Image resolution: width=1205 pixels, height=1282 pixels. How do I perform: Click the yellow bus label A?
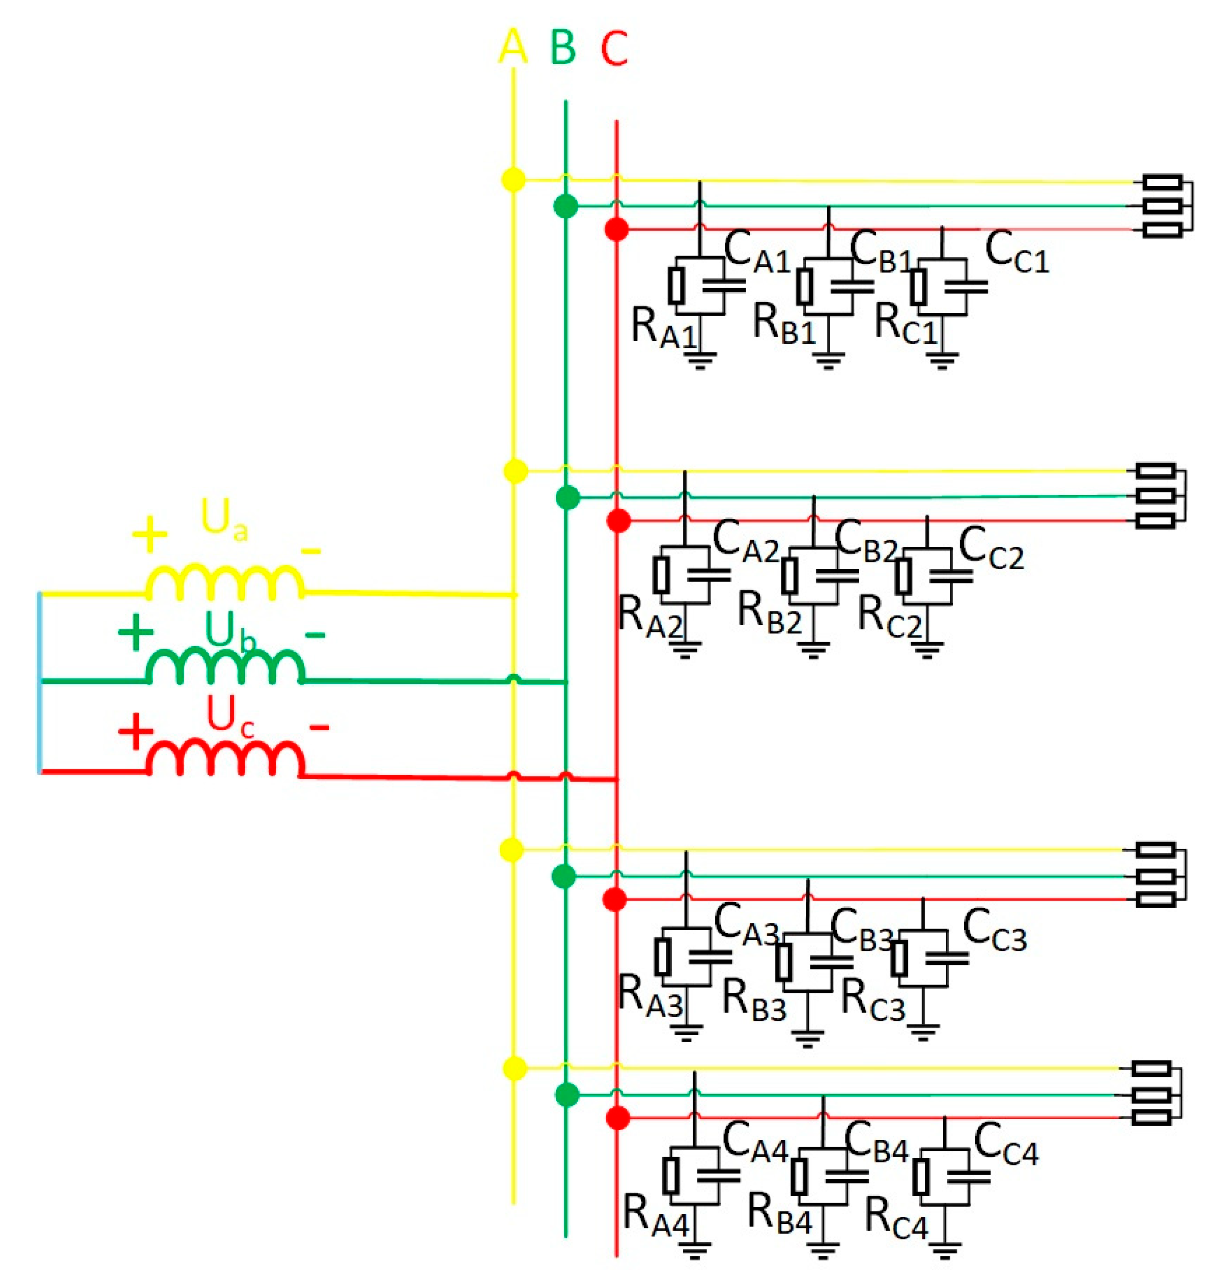(513, 48)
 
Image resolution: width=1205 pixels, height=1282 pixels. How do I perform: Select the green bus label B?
(564, 48)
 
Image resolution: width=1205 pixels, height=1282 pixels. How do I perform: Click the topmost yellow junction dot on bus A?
(513, 180)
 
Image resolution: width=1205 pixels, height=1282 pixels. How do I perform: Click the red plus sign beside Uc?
(135, 731)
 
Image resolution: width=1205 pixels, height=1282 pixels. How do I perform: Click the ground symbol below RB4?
(821, 1251)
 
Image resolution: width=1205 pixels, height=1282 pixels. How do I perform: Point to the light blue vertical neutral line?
(40, 682)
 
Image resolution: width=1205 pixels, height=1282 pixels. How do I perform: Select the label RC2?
(890, 616)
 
